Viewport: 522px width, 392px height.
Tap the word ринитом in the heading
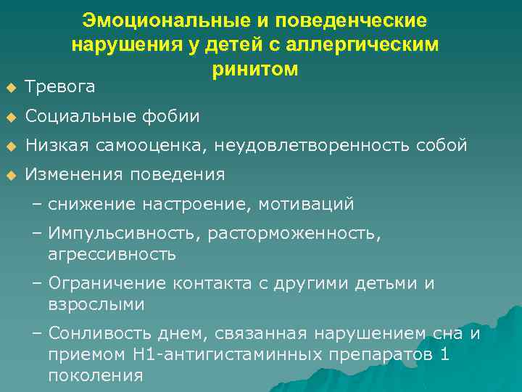[x=255, y=69]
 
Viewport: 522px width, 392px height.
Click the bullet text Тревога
[x=60, y=87]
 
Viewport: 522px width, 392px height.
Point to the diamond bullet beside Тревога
[x=10, y=88]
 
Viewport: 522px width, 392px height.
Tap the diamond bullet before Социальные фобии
[x=10, y=117]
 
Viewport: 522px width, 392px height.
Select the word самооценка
[x=157, y=145]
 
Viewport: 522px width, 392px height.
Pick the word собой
[x=442, y=145]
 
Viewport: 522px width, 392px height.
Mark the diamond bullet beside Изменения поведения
[x=10, y=175]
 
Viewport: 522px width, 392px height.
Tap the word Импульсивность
[x=123, y=233]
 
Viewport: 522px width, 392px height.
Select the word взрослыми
[x=96, y=304]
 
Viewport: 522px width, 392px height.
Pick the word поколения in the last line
[x=95, y=375]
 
